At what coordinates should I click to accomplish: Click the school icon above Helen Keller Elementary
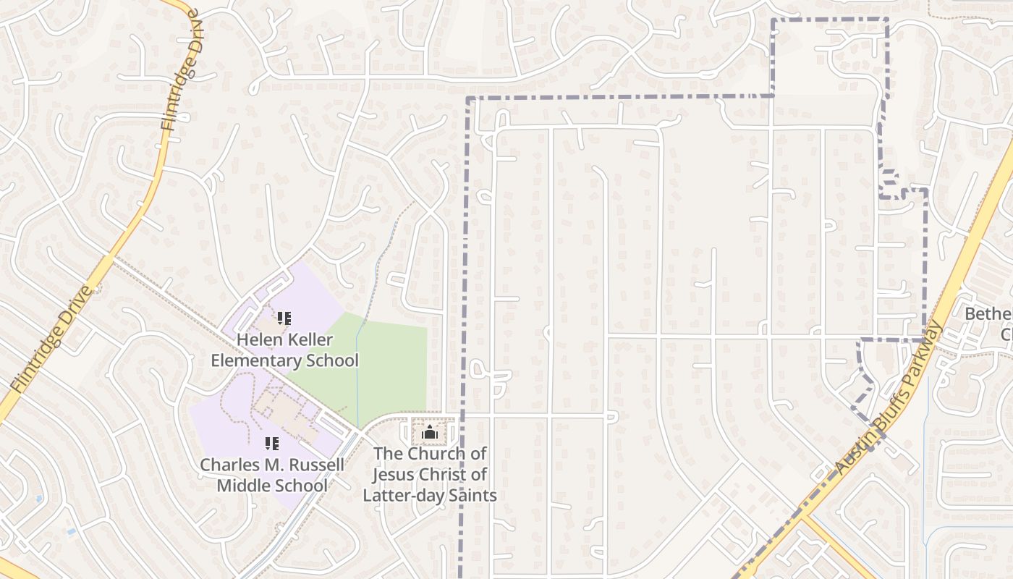[x=284, y=318]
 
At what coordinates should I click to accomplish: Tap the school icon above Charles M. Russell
[x=272, y=444]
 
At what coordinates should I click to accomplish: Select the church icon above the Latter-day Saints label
[x=431, y=433]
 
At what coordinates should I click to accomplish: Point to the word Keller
[x=310, y=339]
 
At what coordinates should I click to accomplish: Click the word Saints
[x=472, y=496]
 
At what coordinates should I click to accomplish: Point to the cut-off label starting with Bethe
[x=988, y=315]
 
